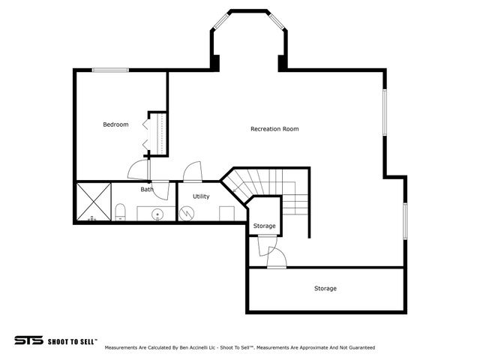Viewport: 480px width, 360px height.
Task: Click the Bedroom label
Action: pyautogui.click(x=115, y=124)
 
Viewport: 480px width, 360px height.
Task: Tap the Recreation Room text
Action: pyautogui.click(x=274, y=129)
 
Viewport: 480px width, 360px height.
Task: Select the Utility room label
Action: pyautogui.click(x=201, y=196)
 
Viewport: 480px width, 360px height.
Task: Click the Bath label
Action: pyautogui.click(x=147, y=190)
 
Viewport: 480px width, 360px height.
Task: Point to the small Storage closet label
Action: pyautogui.click(x=264, y=226)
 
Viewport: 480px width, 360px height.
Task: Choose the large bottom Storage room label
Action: pyautogui.click(x=325, y=289)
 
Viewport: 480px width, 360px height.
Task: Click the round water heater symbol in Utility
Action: pyautogui.click(x=187, y=213)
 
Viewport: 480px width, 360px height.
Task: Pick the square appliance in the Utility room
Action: pyautogui.click(x=226, y=213)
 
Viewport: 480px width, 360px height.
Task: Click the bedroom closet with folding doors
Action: pyautogui.click(x=157, y=133)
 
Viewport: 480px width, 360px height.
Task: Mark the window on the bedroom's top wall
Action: pyautogui.click(x=110, y=70)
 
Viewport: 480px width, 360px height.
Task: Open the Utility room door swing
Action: pyautogui.click(x=193, y=172)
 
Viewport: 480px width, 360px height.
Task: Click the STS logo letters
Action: pyautogui.click(x=28, y=340)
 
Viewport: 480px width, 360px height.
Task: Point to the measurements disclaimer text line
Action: pyautogui.click(x=239, y=348)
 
